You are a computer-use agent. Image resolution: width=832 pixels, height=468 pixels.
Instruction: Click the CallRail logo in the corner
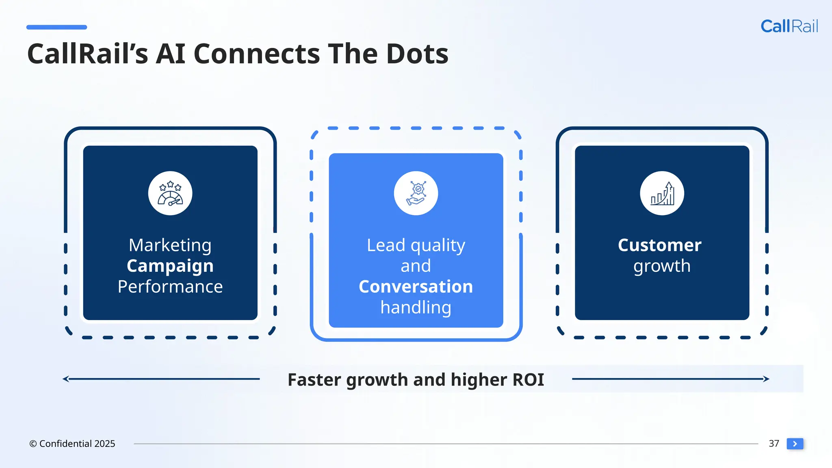pyautogui.click(x=789, y=26)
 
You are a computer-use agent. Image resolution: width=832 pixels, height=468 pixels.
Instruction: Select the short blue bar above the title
pyautogui.click(x=56, y=27)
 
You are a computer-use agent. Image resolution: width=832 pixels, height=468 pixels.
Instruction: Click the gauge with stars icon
pyautogui.click(x=170, y=193)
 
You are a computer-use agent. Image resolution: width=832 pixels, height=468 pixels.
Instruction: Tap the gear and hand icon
pyautogui.click(x=416, y=193)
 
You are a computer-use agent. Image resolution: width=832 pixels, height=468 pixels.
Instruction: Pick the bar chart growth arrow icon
pyautogui.click(x=662, y=193)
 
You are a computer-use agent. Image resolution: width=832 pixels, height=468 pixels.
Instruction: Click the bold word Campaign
pyautogui.click(x=170, y=266)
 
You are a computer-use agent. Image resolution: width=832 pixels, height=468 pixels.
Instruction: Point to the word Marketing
pyautogui.click(x=170, y=245)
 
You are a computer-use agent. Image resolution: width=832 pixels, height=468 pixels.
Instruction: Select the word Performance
pyautogui.click(x=170, y=287)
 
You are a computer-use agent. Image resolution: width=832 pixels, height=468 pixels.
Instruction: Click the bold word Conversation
pyautogui.click(x=416, y=287)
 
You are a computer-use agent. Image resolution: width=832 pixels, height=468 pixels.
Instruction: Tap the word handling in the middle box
pyautogui.click(x=416, y=308)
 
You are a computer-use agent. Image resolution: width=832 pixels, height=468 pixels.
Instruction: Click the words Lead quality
pyautogui.click(x=416, y=245)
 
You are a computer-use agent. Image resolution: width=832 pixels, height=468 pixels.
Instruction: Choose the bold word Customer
pyautogui.click(x=660, y=245)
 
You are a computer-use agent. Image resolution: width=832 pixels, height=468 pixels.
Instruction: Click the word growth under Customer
pyautogui.click(x=662, y=266)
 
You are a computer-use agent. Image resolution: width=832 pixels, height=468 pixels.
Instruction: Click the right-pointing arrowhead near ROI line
pyautogui.click(x=766, y=379)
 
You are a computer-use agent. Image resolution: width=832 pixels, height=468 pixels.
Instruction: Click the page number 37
pyautogui.click(x=773, y=444)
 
